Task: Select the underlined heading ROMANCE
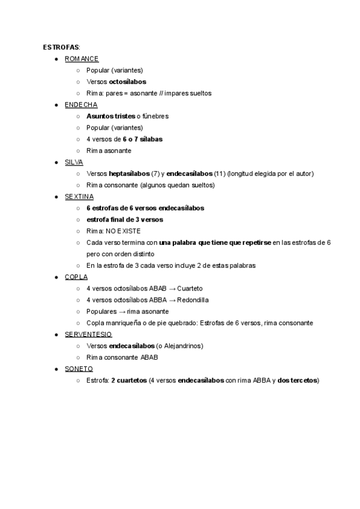[82, 59]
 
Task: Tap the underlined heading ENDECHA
[81, 104]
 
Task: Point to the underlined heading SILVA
[74, 162]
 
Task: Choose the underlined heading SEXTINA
[79, 196]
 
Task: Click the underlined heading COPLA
[76, 277]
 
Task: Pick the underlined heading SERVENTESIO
[88, 334]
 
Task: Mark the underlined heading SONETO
[79, 369]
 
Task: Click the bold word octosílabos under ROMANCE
[127, 82]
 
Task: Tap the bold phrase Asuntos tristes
[110, 116]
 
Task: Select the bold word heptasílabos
[129, 173]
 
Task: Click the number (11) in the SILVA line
[220, 173]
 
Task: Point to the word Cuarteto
[182, 288]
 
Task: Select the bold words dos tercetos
[298, 380]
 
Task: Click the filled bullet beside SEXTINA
[56, 196]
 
